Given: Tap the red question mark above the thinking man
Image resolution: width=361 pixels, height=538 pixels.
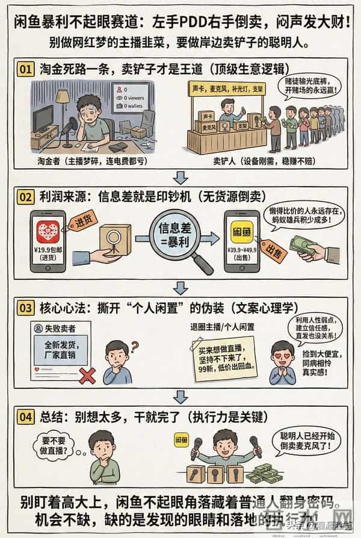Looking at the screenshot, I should click(135, 346).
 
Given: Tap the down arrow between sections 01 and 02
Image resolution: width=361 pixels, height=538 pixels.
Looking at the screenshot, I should click(180, 176).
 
